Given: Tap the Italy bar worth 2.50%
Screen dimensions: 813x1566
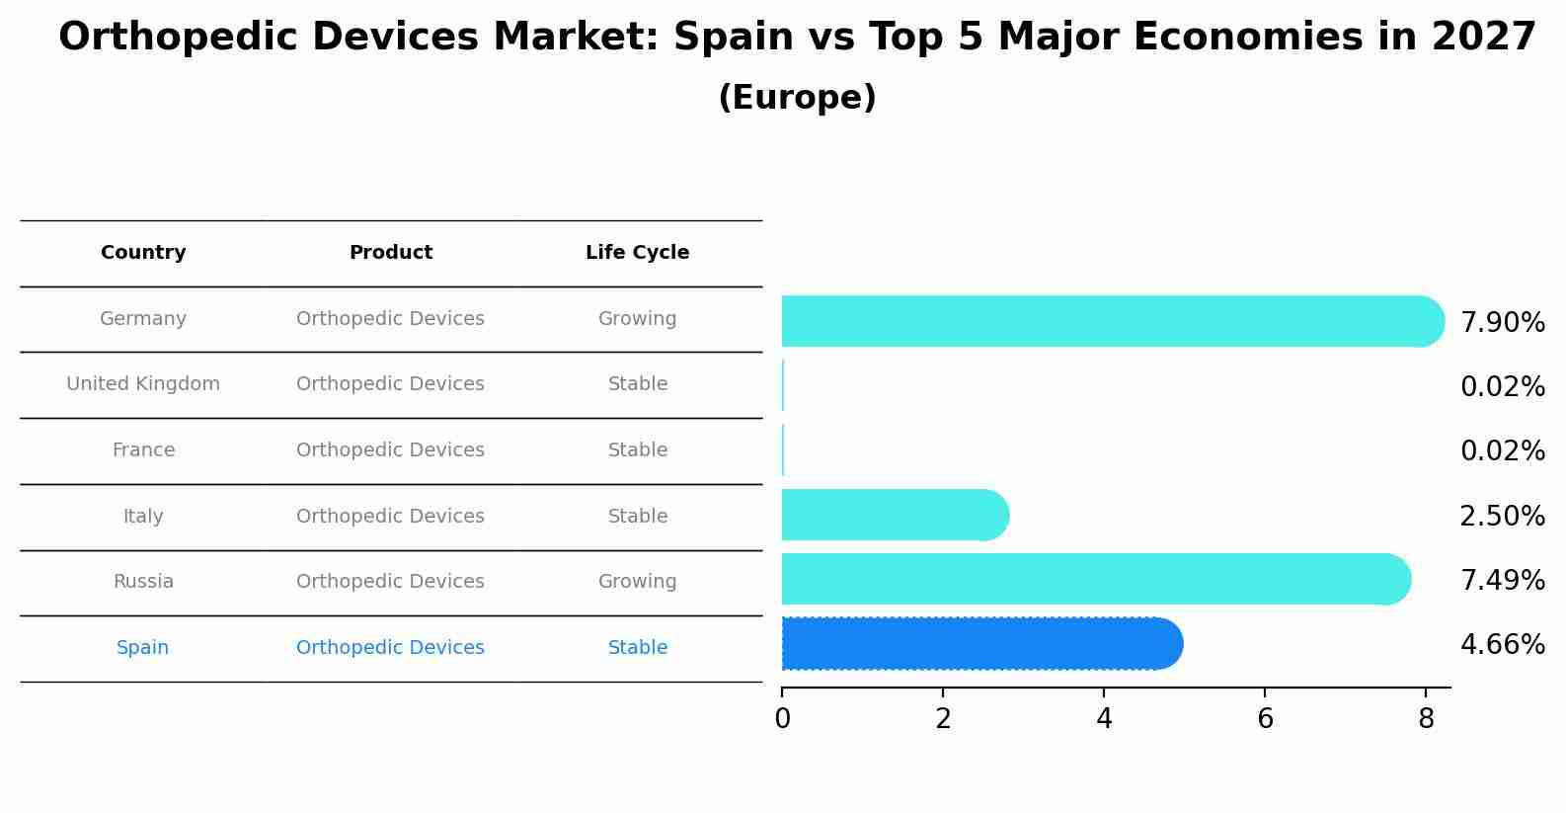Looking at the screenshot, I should (894, 515).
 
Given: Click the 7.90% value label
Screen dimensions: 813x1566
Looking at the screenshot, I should (1502, 323).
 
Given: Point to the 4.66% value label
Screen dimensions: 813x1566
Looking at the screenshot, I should (1502, 645).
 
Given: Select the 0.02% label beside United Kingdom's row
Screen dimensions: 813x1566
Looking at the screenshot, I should (1502, 387).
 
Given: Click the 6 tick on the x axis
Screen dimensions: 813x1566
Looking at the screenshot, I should (1265, 719).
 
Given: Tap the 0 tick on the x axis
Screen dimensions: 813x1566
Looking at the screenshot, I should (782, 719).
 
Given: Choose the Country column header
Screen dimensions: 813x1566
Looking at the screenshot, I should (143, 253).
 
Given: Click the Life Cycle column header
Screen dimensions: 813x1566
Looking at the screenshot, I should (637, 253).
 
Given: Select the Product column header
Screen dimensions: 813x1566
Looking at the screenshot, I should (390, 253).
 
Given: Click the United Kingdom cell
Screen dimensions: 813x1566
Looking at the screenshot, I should (143, 384).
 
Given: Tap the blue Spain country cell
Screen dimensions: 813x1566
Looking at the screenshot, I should (143, 648).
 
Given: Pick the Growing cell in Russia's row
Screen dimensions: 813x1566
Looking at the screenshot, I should (637, 582).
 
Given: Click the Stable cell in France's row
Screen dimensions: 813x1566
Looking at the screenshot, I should (637, 450).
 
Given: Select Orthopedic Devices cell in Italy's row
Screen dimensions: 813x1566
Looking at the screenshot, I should (390, 517).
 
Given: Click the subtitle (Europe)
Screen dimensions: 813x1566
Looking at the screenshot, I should (797, 98).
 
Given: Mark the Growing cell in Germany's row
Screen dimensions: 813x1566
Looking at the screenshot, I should (637, 319).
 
